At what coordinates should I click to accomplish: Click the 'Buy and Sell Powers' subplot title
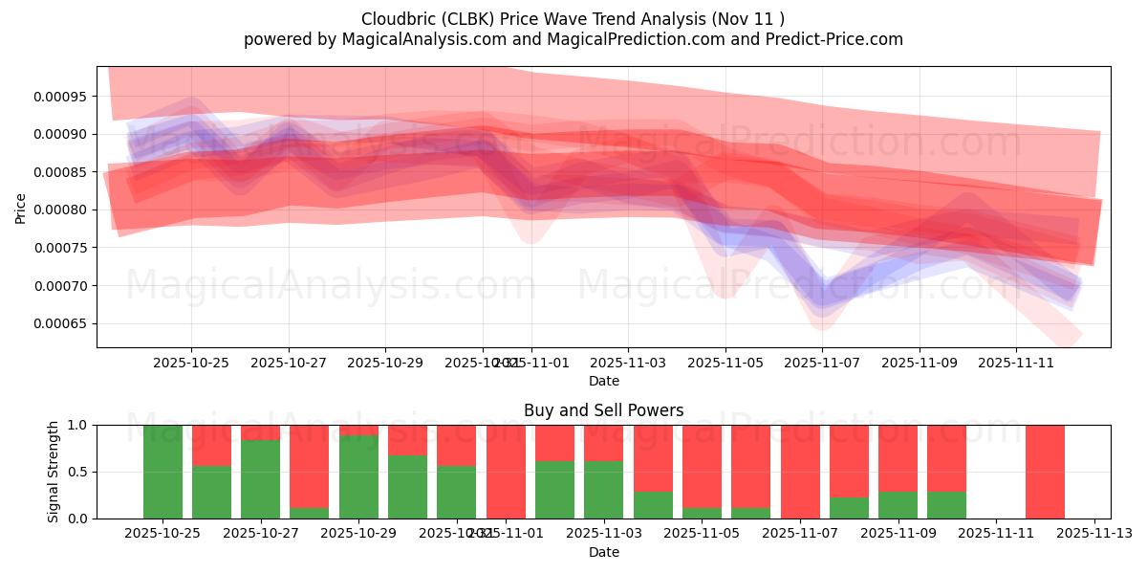pyautogui.click(x=603, y=410)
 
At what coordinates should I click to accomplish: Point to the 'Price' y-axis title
pyautogui.click(x=21, y=208)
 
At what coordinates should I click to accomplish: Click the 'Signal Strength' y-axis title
pyautogui.click(x=54, y=471)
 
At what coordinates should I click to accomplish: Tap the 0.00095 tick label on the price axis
pyautogui.click(x=61, y=96)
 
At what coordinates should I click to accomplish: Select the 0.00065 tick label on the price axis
pyautogui.click(x=61, y=323)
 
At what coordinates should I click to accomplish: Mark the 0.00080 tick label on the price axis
pyautogui.click(x=61, y=210)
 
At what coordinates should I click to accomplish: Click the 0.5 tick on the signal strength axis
pyautogui.click(x=76, y=472)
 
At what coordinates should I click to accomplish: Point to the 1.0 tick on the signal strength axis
pyautogui.click(x=76, y=425)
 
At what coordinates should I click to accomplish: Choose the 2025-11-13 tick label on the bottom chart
pyautogui.click(x=1094, y=533)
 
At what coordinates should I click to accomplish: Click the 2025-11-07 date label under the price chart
pyautogui.click(x=822, y=363)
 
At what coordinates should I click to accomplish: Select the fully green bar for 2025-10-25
pyautogui.click(x=163, y=472)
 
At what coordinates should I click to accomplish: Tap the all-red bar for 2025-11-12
pyautogui.click(x=1045, y=472)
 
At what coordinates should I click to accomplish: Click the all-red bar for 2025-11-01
pyautogui.click(x=506, y=472)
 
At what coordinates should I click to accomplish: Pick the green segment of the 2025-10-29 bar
pyautogui.click(x=358, y=476)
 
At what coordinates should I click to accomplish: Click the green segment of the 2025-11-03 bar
pyautogui.click(x=603, y=490)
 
